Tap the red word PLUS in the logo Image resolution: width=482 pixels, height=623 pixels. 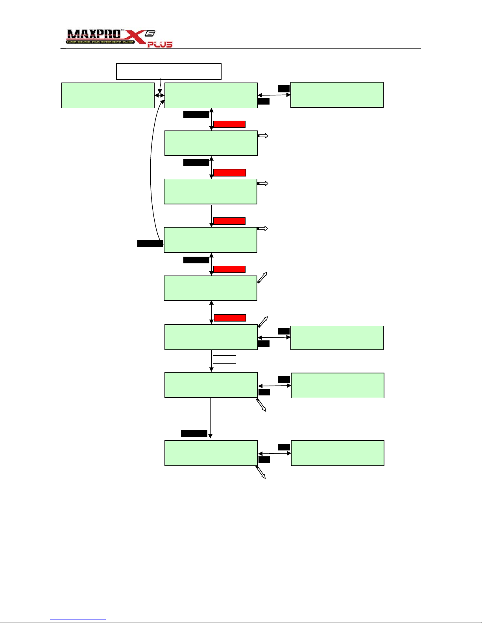point(160,45)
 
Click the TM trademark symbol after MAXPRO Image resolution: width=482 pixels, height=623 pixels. point(122,30)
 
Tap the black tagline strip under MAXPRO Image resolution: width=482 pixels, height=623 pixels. point(100,42)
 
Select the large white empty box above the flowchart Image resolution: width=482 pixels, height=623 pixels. point(169,71)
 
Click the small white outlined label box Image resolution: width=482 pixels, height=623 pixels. point(224,359)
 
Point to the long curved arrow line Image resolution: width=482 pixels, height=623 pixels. point(151,169)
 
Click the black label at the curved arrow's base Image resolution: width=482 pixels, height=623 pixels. point(150,244)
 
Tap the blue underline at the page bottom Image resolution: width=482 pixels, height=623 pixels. point(78,619)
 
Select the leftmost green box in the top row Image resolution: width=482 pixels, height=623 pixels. point(108,95)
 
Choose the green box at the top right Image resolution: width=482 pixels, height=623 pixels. point(337,95)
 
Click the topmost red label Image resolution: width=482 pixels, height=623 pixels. point(229,124)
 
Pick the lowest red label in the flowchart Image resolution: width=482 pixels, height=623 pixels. point(230,318)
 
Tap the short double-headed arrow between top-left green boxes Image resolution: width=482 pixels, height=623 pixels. point(159,96)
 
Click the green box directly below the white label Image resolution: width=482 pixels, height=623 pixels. point(211,385)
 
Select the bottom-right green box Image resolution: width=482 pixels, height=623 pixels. point(338,453)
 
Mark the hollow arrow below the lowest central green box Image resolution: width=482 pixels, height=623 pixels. point(261,472)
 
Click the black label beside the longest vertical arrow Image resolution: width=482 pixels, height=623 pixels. point(194,434)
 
